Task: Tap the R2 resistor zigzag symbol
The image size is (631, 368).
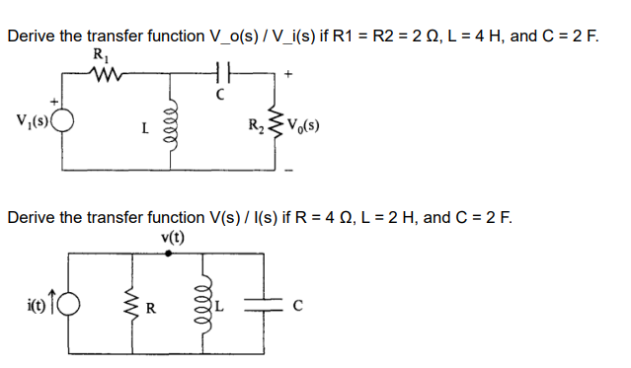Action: (274, 125)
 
